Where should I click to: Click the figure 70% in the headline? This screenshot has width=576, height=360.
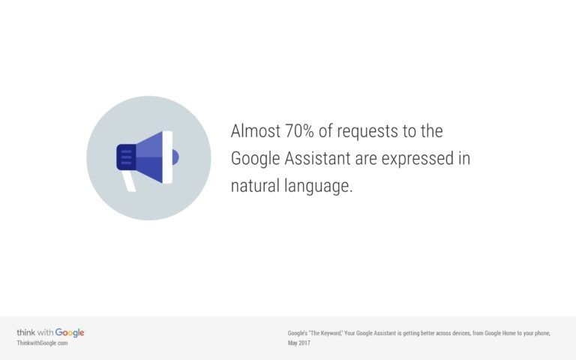point(299,131)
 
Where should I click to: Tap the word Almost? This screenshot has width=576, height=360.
point(256,131)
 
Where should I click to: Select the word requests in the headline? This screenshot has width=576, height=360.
point(367,132)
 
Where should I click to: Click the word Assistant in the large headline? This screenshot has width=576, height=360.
point(317,159)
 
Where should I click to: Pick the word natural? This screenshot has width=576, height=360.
point(255,186)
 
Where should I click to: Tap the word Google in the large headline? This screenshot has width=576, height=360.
point(256,160)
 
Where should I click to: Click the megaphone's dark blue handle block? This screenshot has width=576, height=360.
point(126,157)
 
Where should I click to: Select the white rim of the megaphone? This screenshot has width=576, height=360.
point(167,157)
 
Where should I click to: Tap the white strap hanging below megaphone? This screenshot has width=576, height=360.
point(129,181)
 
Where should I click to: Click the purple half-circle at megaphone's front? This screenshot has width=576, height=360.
point(175,157)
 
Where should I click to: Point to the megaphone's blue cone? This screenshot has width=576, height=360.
point(149,157)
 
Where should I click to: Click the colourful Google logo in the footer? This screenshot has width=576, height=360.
point(70,333)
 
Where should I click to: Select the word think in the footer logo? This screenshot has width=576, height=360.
point(26,332)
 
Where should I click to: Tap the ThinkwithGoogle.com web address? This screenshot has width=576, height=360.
point(42,343)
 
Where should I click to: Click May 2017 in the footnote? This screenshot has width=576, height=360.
point(299,343)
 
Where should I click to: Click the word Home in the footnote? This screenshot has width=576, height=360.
point(508,333)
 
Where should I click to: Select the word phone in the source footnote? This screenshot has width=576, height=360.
point(542,334)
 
